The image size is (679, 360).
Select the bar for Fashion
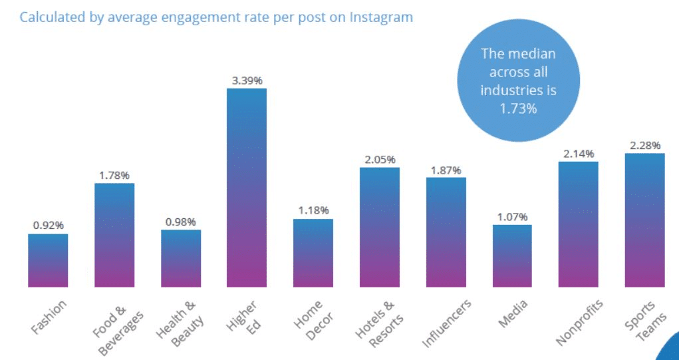coord(48,260)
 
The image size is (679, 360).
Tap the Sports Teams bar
coord(644,220)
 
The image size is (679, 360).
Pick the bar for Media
coord(512,256)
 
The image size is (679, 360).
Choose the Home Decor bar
coord(313,253)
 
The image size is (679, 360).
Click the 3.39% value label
coord(247,81)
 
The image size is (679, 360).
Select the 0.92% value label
coord(48,226)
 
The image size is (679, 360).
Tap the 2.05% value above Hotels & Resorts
coord(380,160)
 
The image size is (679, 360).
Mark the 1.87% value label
coord(446,170)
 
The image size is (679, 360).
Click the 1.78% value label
coord(114,175)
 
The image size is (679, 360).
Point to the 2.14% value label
coord(578,154)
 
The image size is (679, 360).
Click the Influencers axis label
coord(447,323)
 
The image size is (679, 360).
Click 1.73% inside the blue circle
coord(518,108)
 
